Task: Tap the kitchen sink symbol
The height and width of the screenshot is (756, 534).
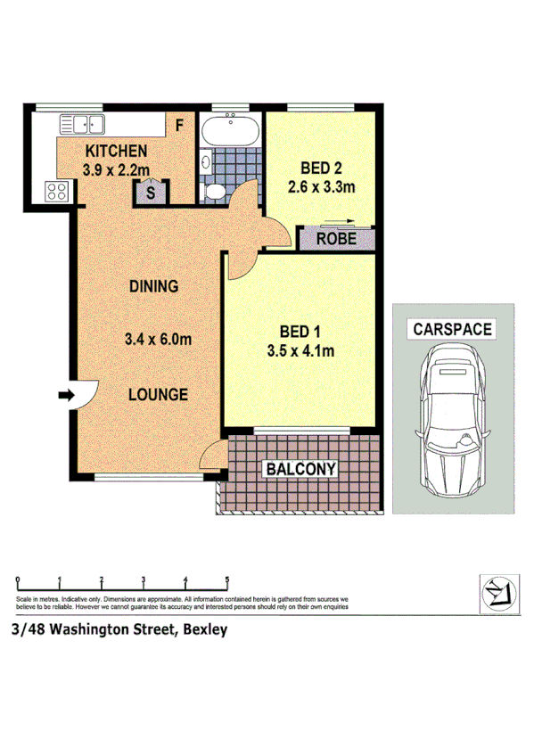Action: click(x=83, y=125)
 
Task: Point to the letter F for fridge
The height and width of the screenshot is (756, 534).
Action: click(x=178, y=126)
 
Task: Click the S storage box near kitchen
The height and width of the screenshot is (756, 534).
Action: click(x=151, y=191)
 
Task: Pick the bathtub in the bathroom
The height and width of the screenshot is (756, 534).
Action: click(x=231, y=131)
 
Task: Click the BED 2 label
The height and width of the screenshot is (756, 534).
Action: click(x=321, y=168)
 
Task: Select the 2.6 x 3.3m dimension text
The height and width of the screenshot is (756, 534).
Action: click(x=322, y=186)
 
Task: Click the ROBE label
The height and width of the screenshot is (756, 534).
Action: click(x=337, y=238)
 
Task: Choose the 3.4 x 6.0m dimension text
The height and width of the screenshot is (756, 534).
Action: click(x=160, y=339)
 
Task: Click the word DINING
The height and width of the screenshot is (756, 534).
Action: click(x=154, y=286)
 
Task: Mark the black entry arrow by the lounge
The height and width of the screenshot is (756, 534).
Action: click(x=66, y=395)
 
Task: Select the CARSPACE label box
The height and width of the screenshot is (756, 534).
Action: click(x=451, y=329)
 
